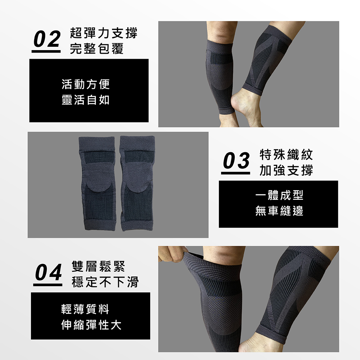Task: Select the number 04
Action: click(x=48, y=273)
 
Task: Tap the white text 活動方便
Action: click(x=85, y=84)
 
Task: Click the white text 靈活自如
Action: click(x=85, y=100)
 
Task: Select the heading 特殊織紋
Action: click(x=286, y=155)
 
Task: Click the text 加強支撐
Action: click(x=286, y=170)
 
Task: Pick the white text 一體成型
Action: click(x=279, y=195)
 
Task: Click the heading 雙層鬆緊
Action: click(x=98, y=266)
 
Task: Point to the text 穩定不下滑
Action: click(x=105, y=282)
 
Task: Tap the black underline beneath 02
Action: click(x=46, y=51)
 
